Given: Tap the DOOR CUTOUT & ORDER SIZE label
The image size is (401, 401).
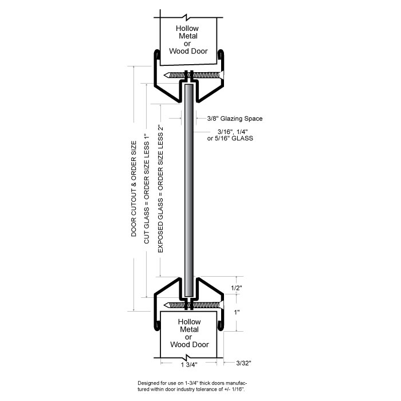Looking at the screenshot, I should [134, 189].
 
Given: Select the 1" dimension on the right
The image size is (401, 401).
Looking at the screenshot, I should [237, 313].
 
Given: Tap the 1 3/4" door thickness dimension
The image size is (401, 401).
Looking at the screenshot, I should [188, 364].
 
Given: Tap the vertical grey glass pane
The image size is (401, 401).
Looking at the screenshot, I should [188, 189].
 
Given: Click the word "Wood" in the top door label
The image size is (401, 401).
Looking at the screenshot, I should [180, 51].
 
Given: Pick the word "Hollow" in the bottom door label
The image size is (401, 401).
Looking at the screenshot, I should [188, 323].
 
